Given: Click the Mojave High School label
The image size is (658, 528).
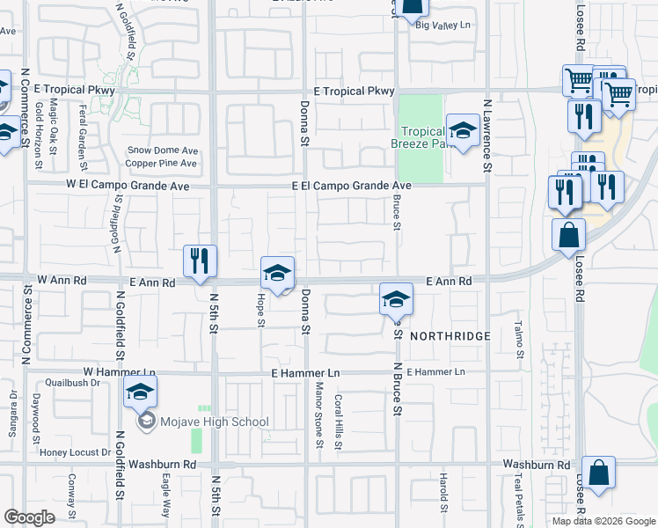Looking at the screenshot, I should point(215,422).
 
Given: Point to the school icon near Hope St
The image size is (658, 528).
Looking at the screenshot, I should point(277,274).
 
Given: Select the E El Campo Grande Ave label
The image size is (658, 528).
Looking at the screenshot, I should point(352,187).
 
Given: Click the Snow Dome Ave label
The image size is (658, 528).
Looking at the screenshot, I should point(163,150).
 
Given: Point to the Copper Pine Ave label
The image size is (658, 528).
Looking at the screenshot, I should point(161,163).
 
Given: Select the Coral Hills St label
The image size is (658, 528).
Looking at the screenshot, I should point(339,421).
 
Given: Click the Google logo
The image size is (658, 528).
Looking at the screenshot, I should point(29,517).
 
